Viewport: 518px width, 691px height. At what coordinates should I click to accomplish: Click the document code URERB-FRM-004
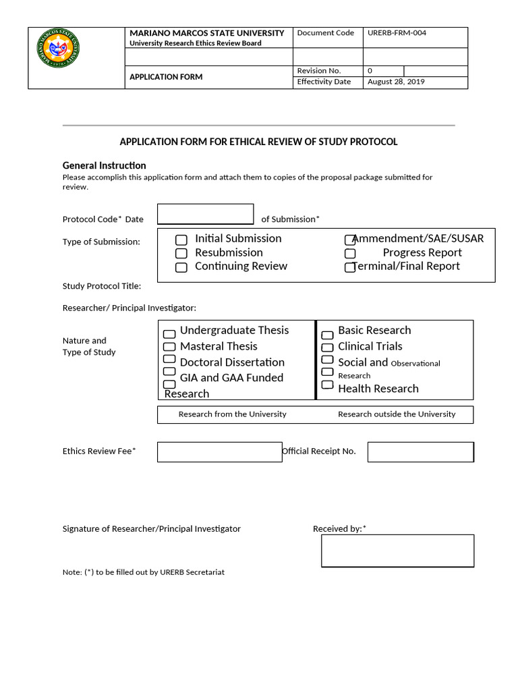[397, 33]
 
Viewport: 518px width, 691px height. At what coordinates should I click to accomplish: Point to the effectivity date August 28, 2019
[396, 82]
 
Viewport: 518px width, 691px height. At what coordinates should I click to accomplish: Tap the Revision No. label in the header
[319, 71]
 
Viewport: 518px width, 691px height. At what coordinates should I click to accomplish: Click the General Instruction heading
[104, 165]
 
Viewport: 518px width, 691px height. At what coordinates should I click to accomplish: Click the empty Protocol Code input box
[205, 214]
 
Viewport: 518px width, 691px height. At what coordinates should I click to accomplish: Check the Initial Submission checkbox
[181, 240]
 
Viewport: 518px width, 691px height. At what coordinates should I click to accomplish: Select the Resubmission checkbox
[181, 254]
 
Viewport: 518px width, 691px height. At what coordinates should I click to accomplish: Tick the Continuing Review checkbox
[181, 267]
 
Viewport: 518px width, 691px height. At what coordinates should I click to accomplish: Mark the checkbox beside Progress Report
[350, 254]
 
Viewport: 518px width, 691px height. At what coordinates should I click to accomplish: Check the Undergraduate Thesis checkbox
[169, 333]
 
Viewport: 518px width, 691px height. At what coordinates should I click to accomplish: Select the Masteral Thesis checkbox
[169, 347]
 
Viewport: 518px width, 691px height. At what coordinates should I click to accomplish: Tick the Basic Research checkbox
[327, 335]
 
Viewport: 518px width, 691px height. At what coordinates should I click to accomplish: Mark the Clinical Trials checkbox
[327, 348]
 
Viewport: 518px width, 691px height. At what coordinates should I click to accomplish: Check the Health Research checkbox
[327, 385]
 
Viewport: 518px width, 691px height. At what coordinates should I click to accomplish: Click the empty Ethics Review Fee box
[219, 452]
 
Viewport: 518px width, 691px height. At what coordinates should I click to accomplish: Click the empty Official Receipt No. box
[420, 452]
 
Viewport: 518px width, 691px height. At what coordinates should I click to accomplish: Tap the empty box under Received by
[397, 551]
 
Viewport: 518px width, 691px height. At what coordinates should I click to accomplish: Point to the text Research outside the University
[397, 414]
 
